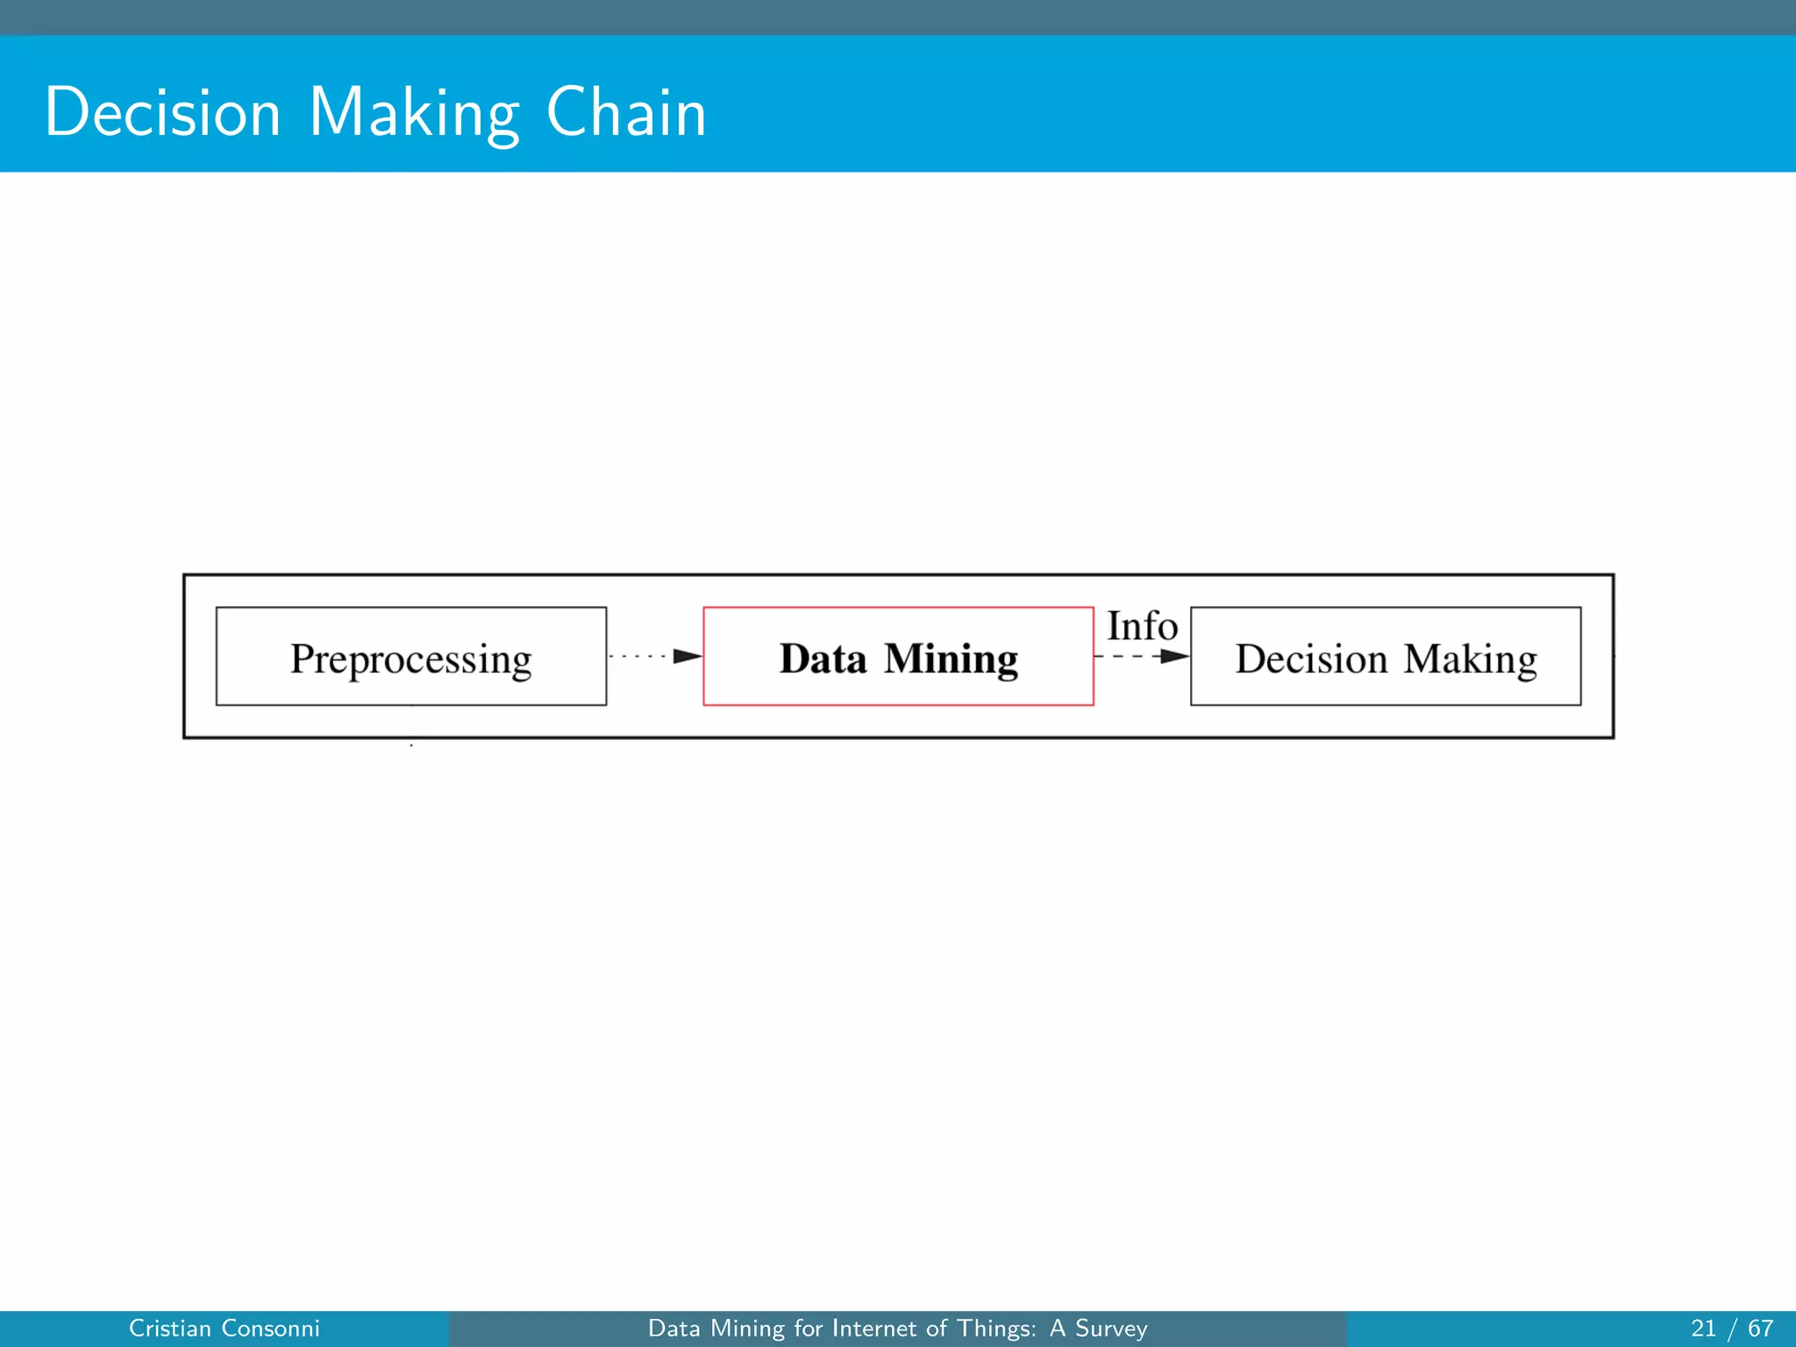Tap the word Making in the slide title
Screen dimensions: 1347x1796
(x=414, y=114)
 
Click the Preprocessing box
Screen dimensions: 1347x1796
(x=411, y=656)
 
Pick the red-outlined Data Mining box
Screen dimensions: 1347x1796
(x=898, y=656)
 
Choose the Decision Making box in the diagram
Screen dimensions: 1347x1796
(x=1386, y=656)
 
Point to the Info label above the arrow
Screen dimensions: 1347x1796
(x=1142, y=626)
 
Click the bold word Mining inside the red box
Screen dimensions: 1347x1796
(x=951, y=659)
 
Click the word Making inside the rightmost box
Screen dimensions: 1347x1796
(x=1471, y=659)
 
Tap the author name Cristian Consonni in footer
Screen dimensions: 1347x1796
(x=224, y=1329)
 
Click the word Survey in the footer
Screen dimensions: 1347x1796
(x=1111, y=1329)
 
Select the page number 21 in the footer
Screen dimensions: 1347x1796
(x=1703, y=1329)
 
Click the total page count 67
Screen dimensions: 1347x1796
(x=1760, y=1329)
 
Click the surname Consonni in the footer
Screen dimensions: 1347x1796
(x=271, y=1329)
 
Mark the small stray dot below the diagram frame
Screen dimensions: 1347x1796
(x=411, y=745)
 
